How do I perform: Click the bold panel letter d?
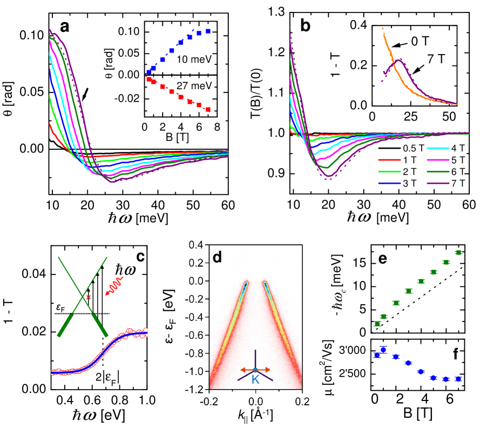pyautogui.click(x=217, y=257)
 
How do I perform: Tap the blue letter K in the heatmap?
pyautogui.click(x=255, y=380)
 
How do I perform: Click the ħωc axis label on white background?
pyautogui.click(x=339, y=299)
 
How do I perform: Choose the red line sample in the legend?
pyautogui.click(x=389, y=160)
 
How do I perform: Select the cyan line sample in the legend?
pyautogui.click(x=438, y=148)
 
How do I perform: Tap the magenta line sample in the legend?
pyautogui.click(x=438, y=160)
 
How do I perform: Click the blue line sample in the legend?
pyautogui.click(x=389, y=184)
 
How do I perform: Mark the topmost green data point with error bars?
pyautogui.click(x=458, y=252)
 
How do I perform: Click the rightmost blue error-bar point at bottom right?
pyautogui.click(x=458, y=379)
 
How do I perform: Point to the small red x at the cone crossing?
pyautogui.click(x=89, y=297)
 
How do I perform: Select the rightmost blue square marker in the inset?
pyautogui.click(x=208, y=32)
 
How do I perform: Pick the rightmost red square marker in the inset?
pyautogui.click(x=208, y=110)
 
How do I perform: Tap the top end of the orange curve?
pyautogui.click(x=383, y=27)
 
